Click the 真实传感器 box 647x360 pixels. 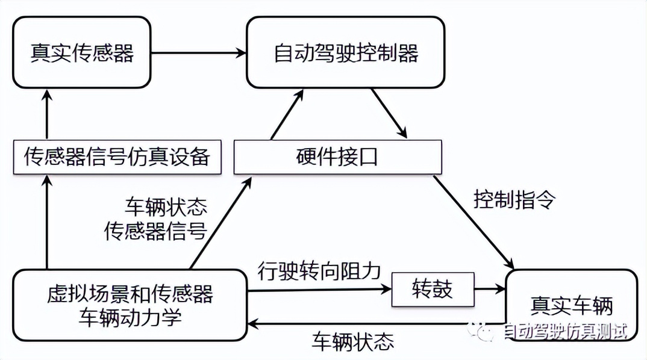tap(81, 53)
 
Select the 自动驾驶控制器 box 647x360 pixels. tap(346, 53)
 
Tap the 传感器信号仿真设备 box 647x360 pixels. tap(116, 157)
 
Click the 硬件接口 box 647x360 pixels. tap(337, 157)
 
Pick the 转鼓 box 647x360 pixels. tap(432, 290)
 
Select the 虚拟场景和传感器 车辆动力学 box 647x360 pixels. tap(130, 306)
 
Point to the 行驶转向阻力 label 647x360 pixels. tap(319, 270)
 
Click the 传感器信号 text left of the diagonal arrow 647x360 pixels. tap(156, 231)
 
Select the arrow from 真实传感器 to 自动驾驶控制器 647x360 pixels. tap(199, 53)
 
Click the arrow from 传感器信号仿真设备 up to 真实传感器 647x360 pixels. tap(46, 115)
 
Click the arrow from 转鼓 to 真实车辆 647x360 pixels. tap(490, 290)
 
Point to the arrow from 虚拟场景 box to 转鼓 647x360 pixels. tap(319, 290)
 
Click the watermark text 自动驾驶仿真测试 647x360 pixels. tap(564, 331)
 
